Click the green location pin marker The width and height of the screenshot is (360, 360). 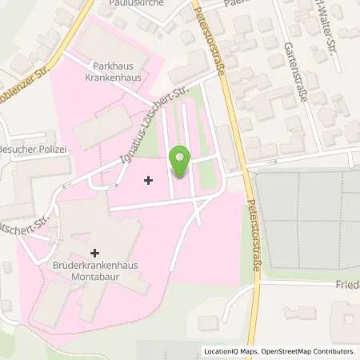(182, 160)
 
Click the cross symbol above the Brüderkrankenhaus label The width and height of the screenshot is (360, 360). (95, 253)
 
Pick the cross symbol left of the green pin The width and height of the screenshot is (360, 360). (148, 180)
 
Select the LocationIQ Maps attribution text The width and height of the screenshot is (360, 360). (233, 351)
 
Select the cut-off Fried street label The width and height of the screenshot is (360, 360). (346, 283)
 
